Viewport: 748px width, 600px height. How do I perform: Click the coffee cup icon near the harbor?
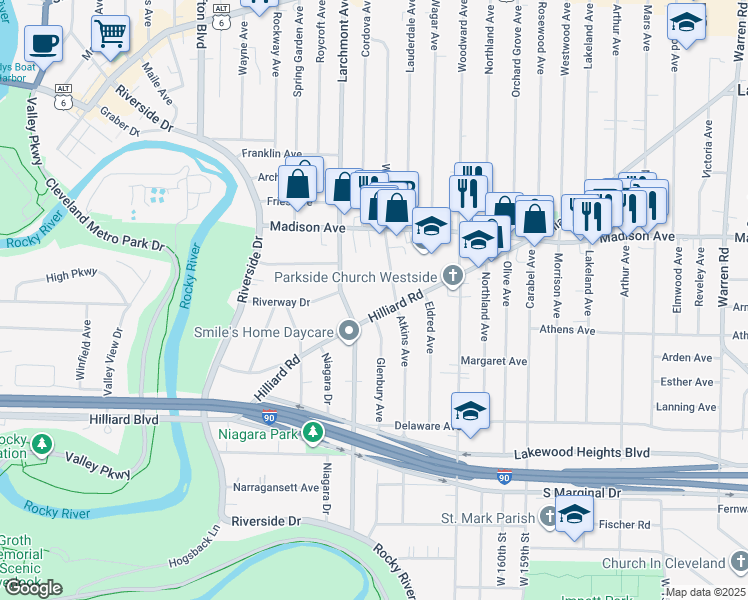43,42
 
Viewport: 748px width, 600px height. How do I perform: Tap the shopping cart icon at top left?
110,33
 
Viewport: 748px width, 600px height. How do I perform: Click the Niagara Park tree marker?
314,432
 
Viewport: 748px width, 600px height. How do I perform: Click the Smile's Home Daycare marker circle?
349,331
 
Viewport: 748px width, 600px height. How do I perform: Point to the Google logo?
33,588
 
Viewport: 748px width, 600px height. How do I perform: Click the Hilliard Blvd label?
124,421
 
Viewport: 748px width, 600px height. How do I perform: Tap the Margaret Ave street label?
493,361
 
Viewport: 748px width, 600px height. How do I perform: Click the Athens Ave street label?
567,330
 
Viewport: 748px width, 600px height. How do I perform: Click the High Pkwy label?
71,273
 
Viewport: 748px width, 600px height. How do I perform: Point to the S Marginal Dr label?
582,493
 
